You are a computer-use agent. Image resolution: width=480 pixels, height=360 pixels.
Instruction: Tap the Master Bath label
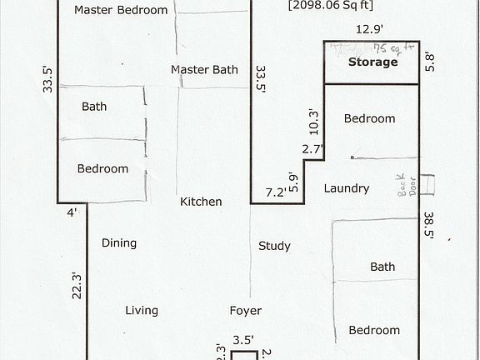pos(204,69)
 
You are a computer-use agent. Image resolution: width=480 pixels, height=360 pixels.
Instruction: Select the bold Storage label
pos(372,62)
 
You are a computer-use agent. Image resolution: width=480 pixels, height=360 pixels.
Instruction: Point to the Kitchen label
pos(201,202)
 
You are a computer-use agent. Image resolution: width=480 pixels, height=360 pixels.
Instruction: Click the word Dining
pos(119,243)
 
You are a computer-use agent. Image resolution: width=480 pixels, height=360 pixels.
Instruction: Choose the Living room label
pos(142,311)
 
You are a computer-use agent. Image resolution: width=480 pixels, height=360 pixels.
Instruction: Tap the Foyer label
pos(246,311)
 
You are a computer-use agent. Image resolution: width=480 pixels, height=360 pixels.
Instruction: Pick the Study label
pos(274,246)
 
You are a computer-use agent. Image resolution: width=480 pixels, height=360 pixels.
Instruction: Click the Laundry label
pos(347,188)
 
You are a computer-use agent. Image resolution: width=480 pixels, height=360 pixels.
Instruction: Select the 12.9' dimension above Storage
pos(369,29)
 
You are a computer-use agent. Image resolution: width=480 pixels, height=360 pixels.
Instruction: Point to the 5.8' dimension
pos(430,62)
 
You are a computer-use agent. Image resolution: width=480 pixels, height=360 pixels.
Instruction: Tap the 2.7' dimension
pos(313,150)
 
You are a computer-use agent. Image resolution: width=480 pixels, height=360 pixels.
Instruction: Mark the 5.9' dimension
pos(292,182)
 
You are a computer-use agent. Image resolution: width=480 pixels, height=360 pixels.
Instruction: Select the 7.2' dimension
pos(276,192)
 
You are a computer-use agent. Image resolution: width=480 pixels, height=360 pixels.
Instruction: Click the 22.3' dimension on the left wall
pos(76,285)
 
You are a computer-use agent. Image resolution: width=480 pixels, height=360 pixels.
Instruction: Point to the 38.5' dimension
pos(430,223)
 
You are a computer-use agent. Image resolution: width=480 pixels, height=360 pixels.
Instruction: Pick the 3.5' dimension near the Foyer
pos(242,340)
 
